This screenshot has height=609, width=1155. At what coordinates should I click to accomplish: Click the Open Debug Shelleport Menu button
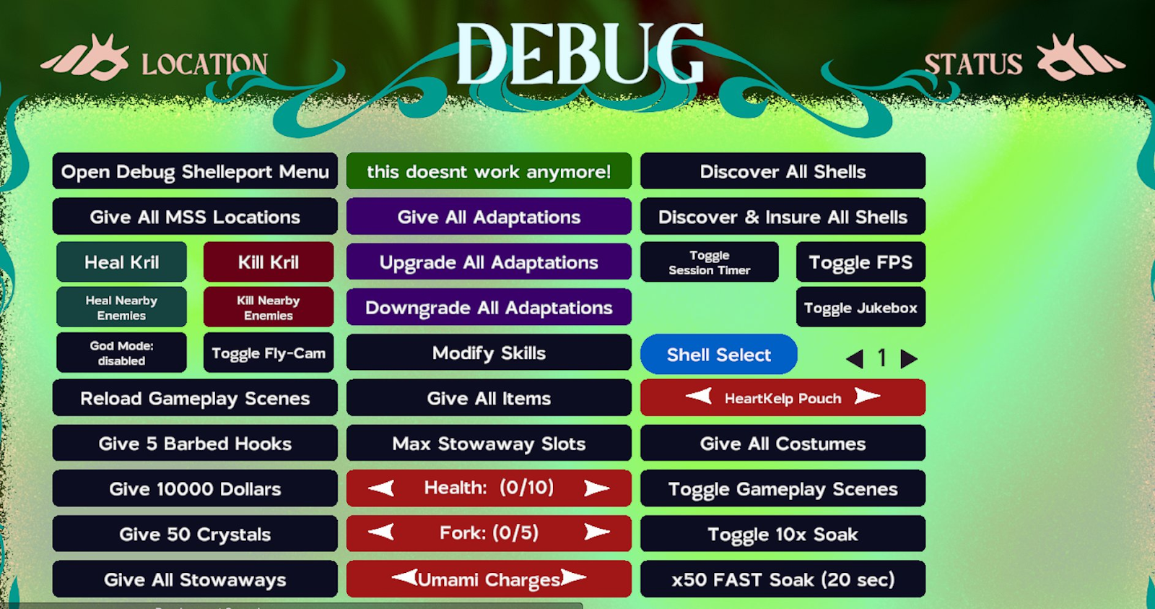pyautogui.click(x=195, y=170)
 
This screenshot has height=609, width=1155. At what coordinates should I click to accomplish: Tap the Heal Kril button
pyautogui.click(x=122, y=262)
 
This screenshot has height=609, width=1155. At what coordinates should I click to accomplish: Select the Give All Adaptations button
pyautogui.click(x=489, y=216)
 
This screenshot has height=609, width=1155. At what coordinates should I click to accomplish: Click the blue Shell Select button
pyautogui.click(x=719, y=354)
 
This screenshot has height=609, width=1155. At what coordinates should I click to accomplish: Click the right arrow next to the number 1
pyautogui.click(x=909, y=358)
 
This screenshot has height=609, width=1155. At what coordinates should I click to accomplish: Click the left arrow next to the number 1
pyautogui.click(x=855, y=358)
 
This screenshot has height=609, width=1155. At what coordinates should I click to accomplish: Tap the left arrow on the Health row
pyautogui.click(x=382, y=488)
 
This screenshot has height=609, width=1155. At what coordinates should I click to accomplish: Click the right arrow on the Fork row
pyautogui.click(x=596, y=532)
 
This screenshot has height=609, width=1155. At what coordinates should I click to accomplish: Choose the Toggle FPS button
pyautogui.click(x=860, y=262)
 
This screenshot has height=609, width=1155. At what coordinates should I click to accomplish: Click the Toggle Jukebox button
pyautogui.click(x=860, y=307)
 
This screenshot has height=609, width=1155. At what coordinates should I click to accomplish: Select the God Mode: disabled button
pyautogui.click(x=122, y=353)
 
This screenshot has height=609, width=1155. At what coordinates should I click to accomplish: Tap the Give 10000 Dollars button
pyautogui.click(x=195, y=488)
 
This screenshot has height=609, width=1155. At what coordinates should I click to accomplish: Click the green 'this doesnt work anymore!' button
pyautogui.click(x=489, y=170)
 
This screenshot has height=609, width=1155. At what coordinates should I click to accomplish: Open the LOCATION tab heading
pyautogui.click(x=205, y=64)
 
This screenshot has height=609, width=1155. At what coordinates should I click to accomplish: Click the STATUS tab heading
pyautogui.click(x=973, y=64)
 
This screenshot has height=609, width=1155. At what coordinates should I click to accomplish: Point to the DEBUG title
pyautogui.click(x=580, y=53)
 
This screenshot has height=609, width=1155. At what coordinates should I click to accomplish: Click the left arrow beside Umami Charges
pyautogui.click(x=405, y=577)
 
